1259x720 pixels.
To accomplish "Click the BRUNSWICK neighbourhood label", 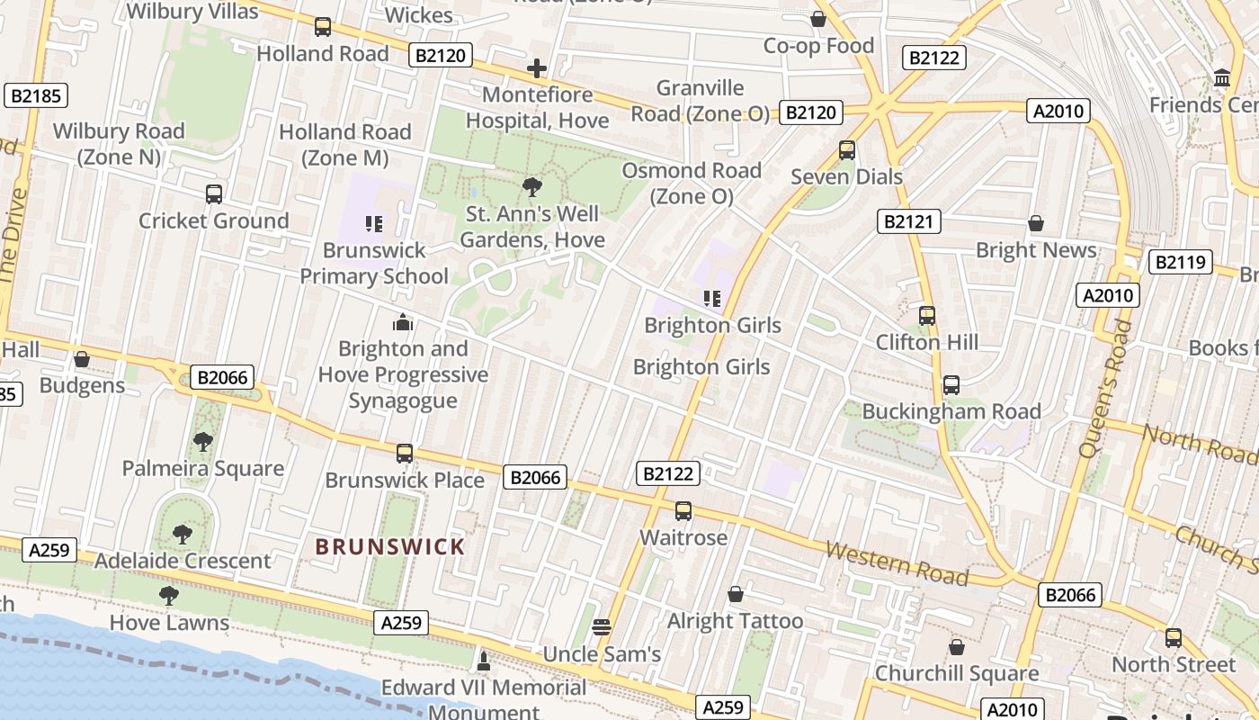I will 390,546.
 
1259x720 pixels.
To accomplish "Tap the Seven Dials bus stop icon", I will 846,150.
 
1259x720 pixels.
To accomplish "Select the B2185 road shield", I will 36,96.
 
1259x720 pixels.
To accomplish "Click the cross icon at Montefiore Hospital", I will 537,68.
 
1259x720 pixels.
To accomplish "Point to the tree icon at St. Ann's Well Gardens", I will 531,187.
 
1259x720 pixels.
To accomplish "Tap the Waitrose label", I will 683,537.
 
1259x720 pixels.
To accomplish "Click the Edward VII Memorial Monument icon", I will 484,662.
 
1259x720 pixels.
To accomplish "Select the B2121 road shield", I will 908,221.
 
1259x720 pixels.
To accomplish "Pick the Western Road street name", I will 897,563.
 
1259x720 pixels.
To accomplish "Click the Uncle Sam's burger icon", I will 602,627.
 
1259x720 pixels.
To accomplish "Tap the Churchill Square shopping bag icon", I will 957,647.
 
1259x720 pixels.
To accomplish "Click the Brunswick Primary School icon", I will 374,223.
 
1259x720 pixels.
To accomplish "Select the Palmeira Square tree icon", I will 203,442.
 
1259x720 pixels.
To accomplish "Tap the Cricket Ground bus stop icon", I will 214,193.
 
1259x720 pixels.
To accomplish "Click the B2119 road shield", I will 1180,263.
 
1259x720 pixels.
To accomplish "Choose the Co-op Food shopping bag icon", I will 818,19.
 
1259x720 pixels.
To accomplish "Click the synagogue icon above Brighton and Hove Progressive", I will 403,322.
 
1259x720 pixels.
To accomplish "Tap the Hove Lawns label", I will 169,623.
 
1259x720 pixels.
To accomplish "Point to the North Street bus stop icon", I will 1174,638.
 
